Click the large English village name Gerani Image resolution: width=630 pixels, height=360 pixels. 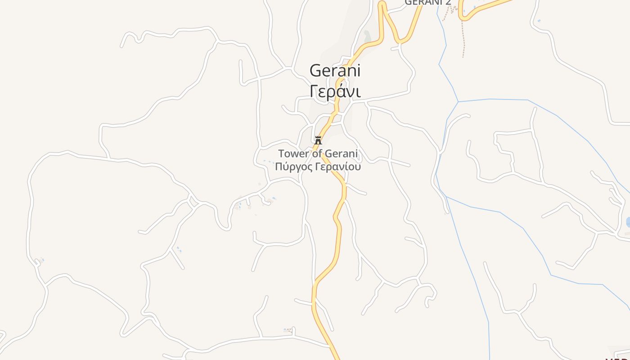pos(335,71)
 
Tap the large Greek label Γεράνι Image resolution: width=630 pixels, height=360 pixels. pos(335,90)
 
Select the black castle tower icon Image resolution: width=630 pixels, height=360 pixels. pos(318,140)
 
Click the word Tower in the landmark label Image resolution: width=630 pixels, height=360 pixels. pos(294,153)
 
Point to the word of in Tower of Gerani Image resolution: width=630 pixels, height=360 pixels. pos(317,153)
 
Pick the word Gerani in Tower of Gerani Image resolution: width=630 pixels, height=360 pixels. pos(341,153)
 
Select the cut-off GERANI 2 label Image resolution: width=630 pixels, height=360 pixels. pos(427,2)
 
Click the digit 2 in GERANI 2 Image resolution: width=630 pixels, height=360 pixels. pos(448,2)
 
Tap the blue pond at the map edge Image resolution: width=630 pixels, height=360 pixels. pos(628,222)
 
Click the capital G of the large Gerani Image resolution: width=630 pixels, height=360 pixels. pos(316,71)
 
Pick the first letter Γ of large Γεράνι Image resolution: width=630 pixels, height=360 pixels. pos(315,90)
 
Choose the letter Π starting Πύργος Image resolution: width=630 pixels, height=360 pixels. pos(279,167)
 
